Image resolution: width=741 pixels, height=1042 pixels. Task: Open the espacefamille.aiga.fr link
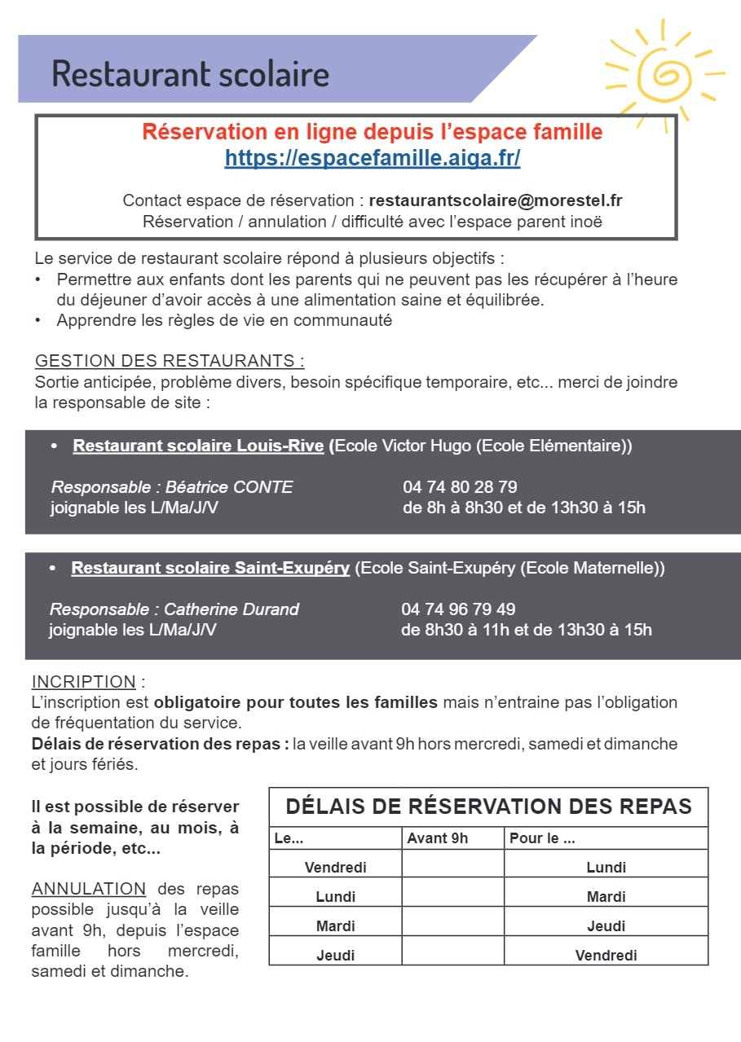(x=373, y=159)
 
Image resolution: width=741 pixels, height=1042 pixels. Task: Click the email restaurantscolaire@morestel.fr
(x=496, y=200)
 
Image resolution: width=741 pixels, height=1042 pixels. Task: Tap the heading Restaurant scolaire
(x=191, y=73)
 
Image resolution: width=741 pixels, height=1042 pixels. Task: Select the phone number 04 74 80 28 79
(x=460, y=487)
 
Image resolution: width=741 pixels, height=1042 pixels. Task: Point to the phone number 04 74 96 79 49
(x=458, y=609)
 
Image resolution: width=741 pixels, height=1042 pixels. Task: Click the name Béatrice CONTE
(x=229, y=487)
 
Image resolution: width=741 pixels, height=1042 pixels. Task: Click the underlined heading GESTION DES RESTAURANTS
(x=170, y=361)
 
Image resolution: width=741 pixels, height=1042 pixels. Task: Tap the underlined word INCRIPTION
(x=84, y=682)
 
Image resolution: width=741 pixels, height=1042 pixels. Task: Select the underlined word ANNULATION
(x=89, y=889)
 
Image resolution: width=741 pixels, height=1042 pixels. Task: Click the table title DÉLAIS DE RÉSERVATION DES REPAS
(x=488, y=807)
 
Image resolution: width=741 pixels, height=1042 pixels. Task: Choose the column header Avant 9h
(x=438, y=838)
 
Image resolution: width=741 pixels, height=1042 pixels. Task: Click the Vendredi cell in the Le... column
(x=336, y=868)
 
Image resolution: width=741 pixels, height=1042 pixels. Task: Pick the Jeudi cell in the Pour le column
(x=606, y=926)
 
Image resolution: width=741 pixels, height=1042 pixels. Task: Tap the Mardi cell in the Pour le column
(x=606, y=897)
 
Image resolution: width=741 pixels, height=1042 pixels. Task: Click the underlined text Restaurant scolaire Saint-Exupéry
(x=210, y=569)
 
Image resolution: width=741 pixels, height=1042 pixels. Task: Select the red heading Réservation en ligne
(x=373, y=132)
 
